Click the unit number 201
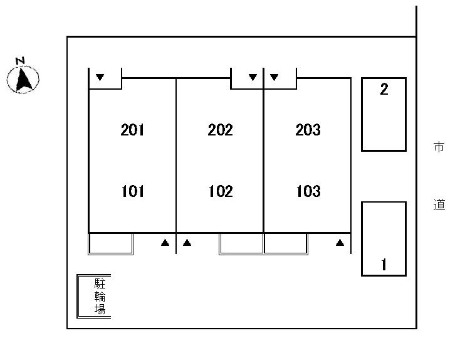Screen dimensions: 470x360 pos(132,130)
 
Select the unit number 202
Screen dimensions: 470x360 pos(220,130)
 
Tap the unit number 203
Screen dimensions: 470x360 pos(308,130)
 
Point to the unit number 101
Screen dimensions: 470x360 pos(133,191)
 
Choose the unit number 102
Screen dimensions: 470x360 pos(221,191)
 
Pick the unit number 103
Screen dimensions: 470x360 pos(308,191)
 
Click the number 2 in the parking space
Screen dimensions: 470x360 pos(384,90)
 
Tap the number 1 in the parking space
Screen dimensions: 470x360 pos(384,264)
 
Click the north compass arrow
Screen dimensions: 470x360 pos(23,80)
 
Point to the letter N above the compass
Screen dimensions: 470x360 pos(21,61)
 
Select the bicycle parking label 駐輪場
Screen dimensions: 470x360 pos(100,297)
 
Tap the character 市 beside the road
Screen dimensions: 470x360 pos(439,147)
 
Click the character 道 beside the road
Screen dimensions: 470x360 pos(439,204)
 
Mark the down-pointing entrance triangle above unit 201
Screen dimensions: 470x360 pos(100,77)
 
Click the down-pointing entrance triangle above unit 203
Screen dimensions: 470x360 pos(274,77)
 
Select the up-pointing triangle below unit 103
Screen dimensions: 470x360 pos(340,242)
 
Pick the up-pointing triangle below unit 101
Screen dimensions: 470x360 pos(165,242)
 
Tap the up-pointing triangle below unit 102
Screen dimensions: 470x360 pos(187,242)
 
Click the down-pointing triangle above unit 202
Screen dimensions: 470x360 pos(253,77)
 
